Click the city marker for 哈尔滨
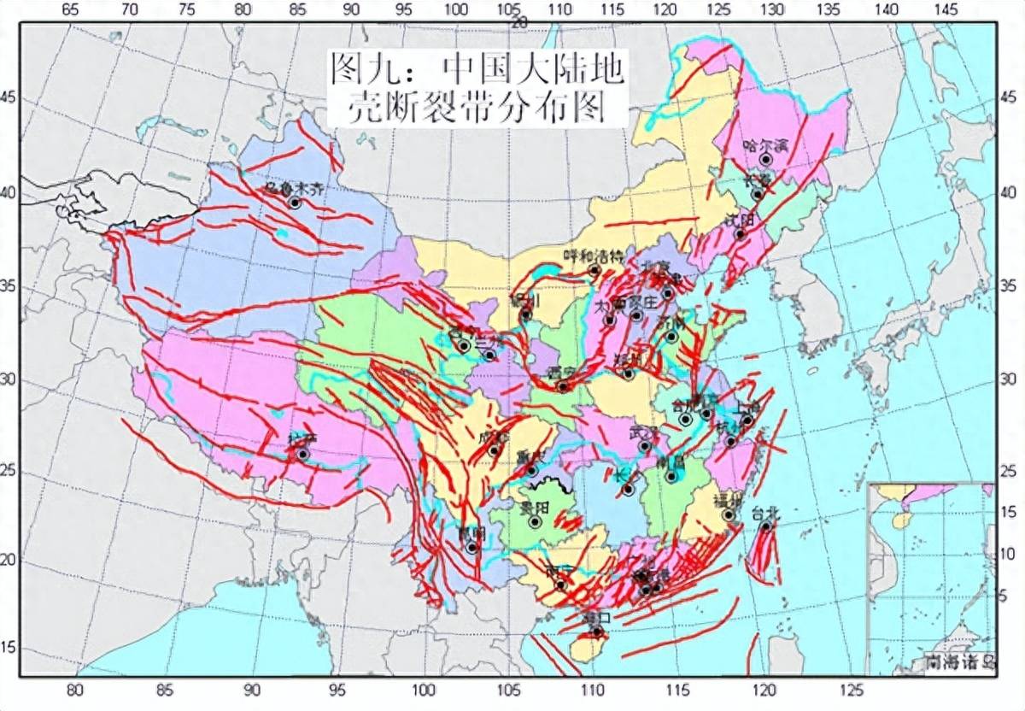point(766,159)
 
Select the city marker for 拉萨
point(302,454)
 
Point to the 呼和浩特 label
point(594,256)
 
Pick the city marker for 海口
point(596,632)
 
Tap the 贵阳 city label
point(535,508)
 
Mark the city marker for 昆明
point(471,547)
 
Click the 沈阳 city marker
point(741,234)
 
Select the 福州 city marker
point(729,515)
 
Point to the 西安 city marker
point(562,387)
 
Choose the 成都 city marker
point(494,450)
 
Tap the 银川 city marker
point(526,314)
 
